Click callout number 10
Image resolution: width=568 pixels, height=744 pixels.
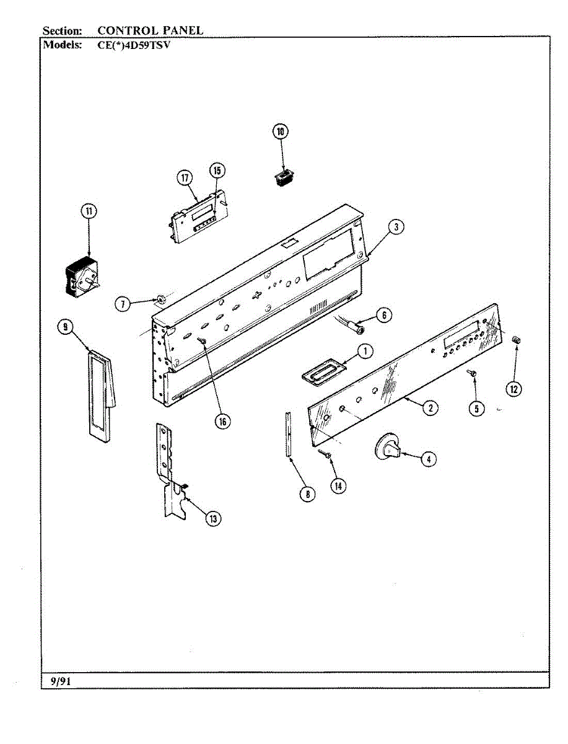281,131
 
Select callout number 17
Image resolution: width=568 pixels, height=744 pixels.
185,178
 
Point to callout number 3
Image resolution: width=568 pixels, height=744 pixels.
396,227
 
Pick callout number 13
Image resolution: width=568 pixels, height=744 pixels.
214,519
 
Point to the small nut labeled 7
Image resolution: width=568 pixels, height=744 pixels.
161,301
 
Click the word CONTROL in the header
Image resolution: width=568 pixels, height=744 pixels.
125,30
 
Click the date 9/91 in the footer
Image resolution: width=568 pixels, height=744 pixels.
60,681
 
